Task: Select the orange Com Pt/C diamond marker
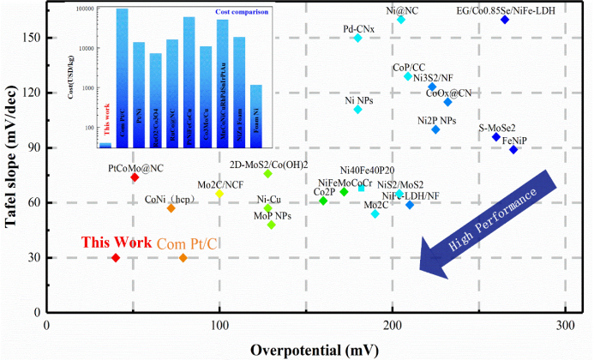(x=183, y=257)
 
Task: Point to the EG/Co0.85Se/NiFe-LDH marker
(x=505, y=19)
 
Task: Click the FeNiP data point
(x=513, y=149)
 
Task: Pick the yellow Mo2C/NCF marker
(x=219, y=194)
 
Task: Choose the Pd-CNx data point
(x=357, y=38)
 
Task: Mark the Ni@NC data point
(x=401, y=19)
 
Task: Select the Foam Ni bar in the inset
(x=255, y=116)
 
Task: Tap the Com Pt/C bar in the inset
(x=122, y=77)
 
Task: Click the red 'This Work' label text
(x=116, y=243)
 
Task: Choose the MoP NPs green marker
(x=272, y=225)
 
